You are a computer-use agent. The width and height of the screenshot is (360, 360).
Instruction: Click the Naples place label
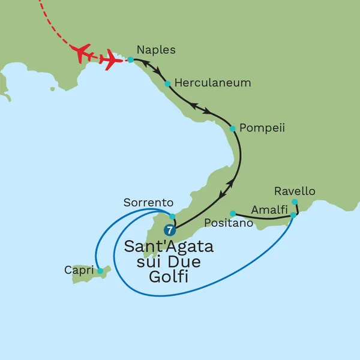click(156, 50)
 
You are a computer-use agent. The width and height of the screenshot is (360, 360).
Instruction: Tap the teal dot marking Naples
click(130, 60)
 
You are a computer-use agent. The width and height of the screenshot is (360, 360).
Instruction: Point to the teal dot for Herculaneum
click(168, 83)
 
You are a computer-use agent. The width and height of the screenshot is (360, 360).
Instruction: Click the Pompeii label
click(261, 128)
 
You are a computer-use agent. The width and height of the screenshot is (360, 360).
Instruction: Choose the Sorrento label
click(148, 203)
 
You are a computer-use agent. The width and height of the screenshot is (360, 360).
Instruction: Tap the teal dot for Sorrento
click(172, 216)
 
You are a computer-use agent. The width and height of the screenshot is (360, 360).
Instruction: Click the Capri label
click(79, 271)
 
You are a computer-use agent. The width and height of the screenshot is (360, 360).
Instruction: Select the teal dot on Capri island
click(100, 271)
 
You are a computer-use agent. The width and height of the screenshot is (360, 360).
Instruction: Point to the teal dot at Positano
click(232, 213)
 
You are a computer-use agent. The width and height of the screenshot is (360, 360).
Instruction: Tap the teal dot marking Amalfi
click(293, 215)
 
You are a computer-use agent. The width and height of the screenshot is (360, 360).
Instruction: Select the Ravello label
click(294, 191)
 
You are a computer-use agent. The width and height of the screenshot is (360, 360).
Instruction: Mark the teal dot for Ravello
click(295, 202)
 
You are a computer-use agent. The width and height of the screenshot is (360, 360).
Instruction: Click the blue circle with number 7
click(170, 230)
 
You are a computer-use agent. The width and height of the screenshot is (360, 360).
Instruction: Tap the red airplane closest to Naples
click(112, 60)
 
